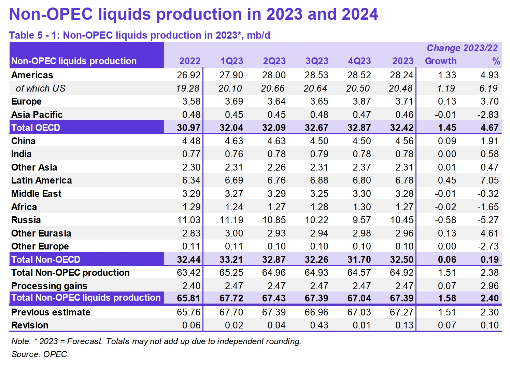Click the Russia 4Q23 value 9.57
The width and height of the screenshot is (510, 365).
tap(362, 220)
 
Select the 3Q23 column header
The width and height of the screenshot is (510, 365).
tap(317, 61)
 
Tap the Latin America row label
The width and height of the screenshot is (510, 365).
tap(41, 180)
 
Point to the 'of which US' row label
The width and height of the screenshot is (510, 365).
tap(40, 89)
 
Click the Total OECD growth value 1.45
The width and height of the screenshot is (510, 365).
tap(447, 128)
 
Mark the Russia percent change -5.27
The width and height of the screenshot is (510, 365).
tap(488, 220)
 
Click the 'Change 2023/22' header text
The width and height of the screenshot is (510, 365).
tap(462, 48)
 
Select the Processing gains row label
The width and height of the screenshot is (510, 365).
tap(49, 286)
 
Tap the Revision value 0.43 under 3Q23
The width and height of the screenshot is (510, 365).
tap(319, 325)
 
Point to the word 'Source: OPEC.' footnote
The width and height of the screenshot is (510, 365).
tap(40, 354)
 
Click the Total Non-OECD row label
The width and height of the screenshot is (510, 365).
tap(46, 260)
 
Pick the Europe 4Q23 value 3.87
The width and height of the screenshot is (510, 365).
tap(362, 102)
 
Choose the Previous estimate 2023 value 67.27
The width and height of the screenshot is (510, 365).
tap(401, 312)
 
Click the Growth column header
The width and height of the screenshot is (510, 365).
tap(440, 61)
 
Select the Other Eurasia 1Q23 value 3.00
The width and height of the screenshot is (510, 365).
tap(234, 233)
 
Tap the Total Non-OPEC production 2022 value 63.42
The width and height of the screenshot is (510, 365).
tap(189, 273)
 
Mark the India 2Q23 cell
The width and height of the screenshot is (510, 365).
tap(277, 154)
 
